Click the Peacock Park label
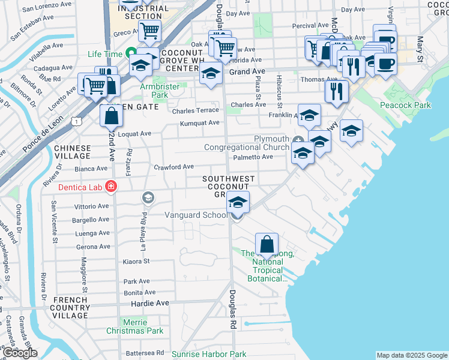tap(414, 105)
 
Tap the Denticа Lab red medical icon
tap(110, 187)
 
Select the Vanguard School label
tap(196, 215)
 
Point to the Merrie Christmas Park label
tap(134, 326)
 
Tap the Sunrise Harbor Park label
tap(209, 355)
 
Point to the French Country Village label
tap(71, 307)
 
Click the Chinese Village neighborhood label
tap(72, 152)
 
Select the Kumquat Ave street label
tap(200, 123)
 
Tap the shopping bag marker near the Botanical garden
tap(267, 245)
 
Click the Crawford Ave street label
tap(174, 167)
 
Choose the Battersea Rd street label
tap(145, 353)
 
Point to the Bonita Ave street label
tap(136, 292)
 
